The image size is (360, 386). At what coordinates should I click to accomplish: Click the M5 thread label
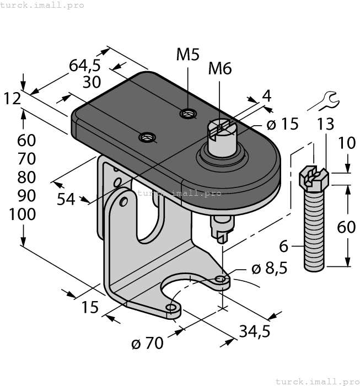[x=187, y=55]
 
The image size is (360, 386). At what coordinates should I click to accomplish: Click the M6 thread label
[x=219, y=68]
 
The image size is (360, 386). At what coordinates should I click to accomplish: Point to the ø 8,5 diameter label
[x=270, y=270]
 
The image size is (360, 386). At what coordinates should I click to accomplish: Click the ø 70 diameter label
[x=147, y=344]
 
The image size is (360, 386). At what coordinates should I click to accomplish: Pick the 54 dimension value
[x=66, y=199]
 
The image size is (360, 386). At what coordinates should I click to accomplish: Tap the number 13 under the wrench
[x=326, y=124]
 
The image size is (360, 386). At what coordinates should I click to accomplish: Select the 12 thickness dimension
[x=12, y=99]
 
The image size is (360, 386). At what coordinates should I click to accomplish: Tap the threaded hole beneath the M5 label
[x=188, y=114]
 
